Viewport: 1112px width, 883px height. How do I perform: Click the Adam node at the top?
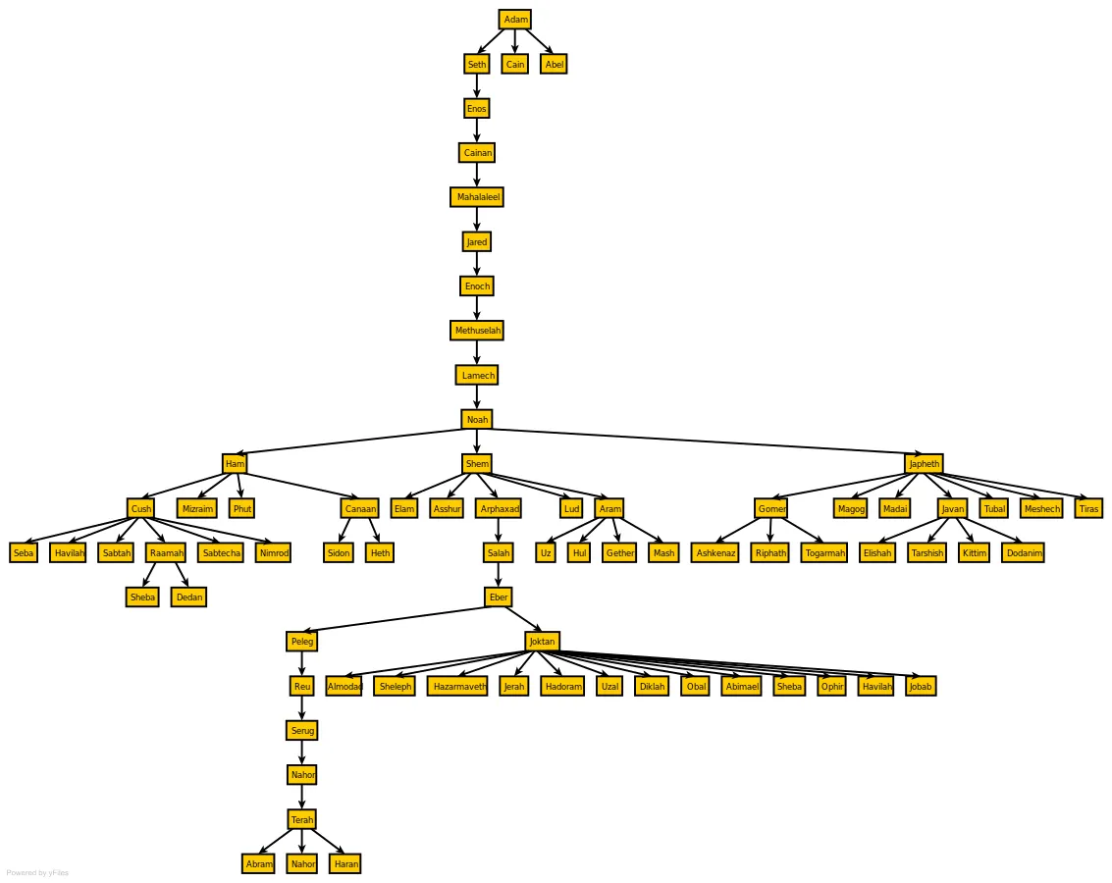point(515,20)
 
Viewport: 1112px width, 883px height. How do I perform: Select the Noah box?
point(477,420)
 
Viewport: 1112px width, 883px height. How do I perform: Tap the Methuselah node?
point(477,331)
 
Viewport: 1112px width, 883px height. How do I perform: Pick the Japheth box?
point(925,463)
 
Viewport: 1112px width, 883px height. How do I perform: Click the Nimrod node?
point(273,552)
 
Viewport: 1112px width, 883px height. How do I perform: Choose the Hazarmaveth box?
point(458,686)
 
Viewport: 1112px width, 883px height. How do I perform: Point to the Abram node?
point(258,863)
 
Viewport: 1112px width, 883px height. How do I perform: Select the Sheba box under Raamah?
point(142,597)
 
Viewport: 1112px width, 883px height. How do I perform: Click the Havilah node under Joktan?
point(875,686)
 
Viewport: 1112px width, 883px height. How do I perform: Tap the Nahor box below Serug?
point(302,774)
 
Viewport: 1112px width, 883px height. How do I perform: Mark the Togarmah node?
point(824,552)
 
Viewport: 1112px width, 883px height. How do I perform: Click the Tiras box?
point(1088,508)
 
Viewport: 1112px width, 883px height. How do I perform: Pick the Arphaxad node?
point(500,508)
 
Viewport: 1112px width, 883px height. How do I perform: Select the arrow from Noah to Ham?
point(349,441)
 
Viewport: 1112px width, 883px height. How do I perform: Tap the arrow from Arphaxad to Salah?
point(499,530)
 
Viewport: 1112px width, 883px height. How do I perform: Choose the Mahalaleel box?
point(477,197)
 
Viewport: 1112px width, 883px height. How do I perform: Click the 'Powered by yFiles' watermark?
point(37,873)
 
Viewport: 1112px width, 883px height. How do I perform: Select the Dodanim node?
point(1024,552)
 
